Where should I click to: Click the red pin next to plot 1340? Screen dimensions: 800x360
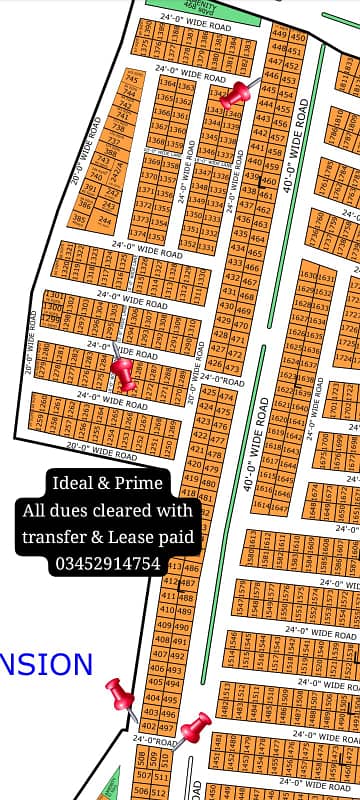pos(237,94)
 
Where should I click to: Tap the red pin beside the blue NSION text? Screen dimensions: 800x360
pos(120,692)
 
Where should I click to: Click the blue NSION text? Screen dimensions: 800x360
pos(46,664)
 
